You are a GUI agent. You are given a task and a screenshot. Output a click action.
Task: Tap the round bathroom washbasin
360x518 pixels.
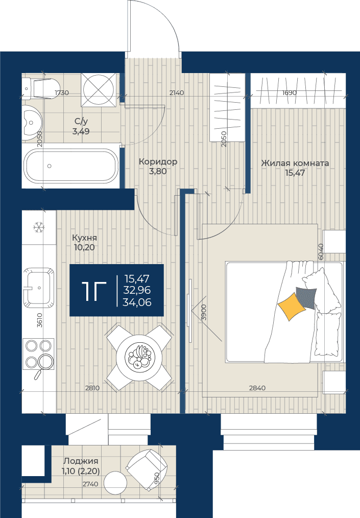pyautogui.click(x=32, y=123)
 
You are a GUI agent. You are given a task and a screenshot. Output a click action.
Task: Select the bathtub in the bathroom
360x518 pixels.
pyautogui.click(x=71, y=166)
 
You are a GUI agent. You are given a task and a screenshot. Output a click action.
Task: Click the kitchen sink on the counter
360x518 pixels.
pyautogui.click(x=39, y=287)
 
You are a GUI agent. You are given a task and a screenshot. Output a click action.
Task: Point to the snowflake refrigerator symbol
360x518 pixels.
pyautogui.click(x=39, y=227)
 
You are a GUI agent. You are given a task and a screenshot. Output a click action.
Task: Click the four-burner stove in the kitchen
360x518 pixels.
pyautogui.click(x=38, y=355)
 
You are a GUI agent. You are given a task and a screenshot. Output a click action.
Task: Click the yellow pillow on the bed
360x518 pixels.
pyautogui.click(x=291, y=306)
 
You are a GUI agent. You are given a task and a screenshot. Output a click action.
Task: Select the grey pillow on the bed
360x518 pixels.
pyautogui.click(x=306, y=298)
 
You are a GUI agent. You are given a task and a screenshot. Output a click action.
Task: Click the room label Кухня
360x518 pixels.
pyautogui.click(x=85, y=238)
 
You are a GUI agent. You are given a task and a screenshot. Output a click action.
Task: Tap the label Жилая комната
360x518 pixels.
pyautogui.click(x=295, y=163)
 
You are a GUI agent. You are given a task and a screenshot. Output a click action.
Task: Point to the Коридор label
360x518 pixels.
pyautogui.click(x=158, y=161)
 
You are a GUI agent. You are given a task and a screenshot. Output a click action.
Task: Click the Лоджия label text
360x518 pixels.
pyautogui.click(x=81, y=461)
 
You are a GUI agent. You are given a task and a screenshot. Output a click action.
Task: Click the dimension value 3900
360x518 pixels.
pyautogui.click(x=204, y=312)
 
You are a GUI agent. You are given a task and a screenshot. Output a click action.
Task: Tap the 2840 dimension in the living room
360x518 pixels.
pyautogui.click(x=257, y=388)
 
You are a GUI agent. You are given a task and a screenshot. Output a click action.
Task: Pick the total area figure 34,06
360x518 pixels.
pyautogui.click(x=137, y=302)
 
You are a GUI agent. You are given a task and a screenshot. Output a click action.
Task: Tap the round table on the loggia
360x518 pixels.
pyautogui.click(x=115, y=482)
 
